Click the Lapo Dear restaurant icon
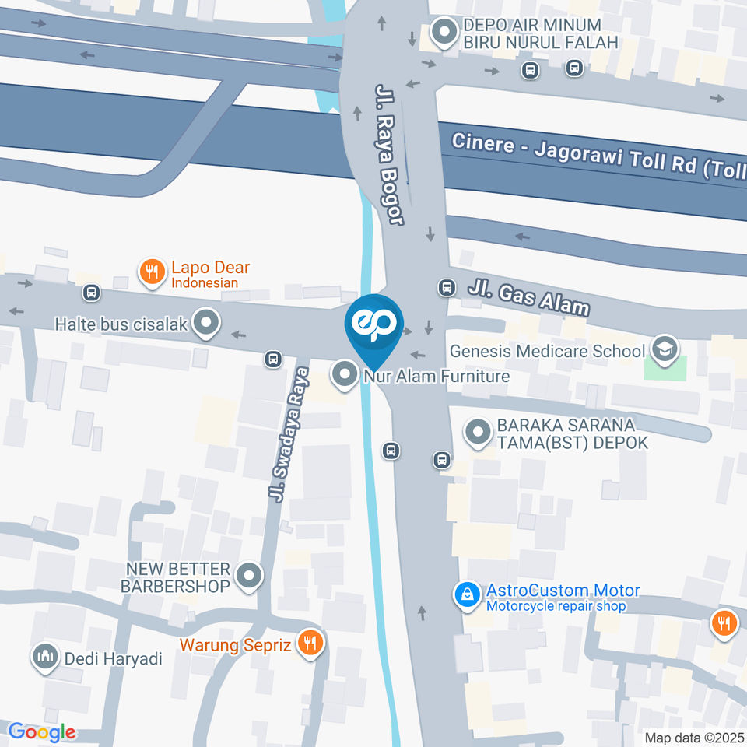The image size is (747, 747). (152, 272)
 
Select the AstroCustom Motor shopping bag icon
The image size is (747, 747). (466, 595)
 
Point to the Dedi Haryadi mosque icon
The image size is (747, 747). (44, 658)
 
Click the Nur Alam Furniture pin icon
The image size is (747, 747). (343, 375)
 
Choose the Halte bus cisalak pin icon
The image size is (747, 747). (205, 322)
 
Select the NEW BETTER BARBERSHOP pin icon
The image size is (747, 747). (249, 577)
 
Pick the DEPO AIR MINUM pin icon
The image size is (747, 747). (444, 33)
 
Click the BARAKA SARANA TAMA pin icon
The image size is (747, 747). (477, 433)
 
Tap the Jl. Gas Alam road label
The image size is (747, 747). (528, 298)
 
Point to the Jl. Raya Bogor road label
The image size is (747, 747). (390, 155)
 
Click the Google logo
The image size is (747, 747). (41, 731)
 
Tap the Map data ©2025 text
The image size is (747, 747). (694, 737)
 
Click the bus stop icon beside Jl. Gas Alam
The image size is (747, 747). (447, 288)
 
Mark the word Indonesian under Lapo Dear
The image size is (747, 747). (205, 282)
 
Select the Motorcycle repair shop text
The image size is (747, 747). (556, 606)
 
